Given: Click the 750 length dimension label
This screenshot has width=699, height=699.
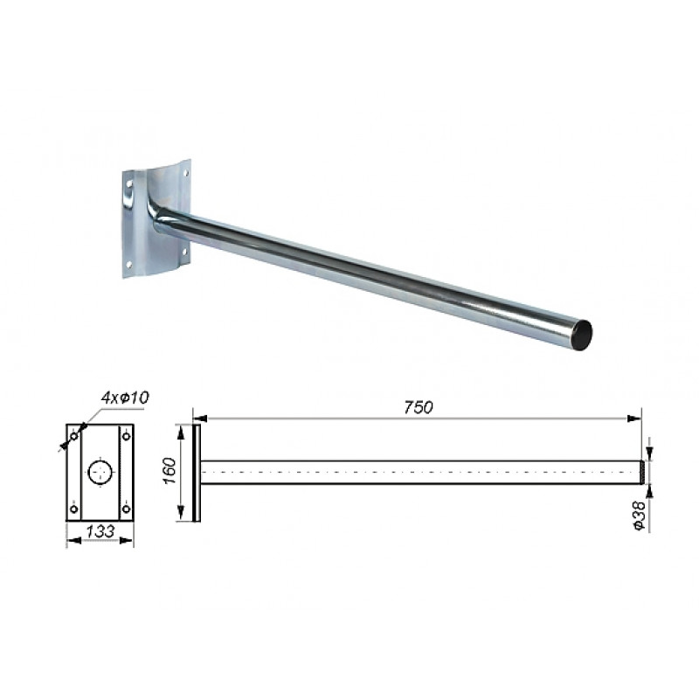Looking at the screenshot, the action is point(419,407).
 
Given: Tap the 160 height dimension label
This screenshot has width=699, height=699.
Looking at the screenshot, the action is point(170,470).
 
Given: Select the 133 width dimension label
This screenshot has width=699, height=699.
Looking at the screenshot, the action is point(100,531).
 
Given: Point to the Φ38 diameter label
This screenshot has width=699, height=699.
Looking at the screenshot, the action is point(639,516).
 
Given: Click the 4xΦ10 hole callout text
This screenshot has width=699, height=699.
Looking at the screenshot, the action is point(124,398).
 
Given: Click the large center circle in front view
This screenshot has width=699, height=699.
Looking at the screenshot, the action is point(100,473).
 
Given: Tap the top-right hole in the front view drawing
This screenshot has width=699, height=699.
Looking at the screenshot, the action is point(126,435).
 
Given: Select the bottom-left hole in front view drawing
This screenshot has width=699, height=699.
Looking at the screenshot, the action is point(74,509).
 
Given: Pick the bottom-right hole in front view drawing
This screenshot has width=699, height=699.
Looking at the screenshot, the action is point(126,509).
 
